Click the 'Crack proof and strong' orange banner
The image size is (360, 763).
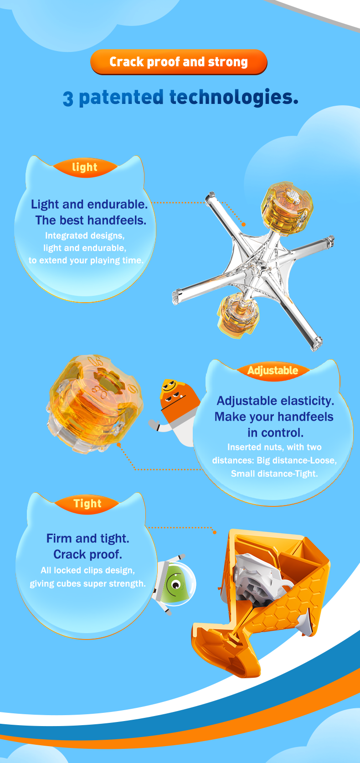coord(179,62)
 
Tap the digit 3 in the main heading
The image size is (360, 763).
coord(68,99)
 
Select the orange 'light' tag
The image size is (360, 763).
coord(85,167)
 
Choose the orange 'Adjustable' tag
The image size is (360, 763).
coord(273,370)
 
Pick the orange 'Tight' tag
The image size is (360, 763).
coord(87,504)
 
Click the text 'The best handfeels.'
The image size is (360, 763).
coord(91,221)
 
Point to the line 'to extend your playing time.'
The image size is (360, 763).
coord(86,260)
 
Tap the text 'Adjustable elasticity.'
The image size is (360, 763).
coord(275,401)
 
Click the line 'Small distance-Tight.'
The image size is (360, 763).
coord(274,474)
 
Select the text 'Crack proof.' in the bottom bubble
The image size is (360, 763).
coord(87,554)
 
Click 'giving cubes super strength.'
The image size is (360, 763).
coord(87,583)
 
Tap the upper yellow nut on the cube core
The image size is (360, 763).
coord(287,208)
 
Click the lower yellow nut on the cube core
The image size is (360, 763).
coord(238,315)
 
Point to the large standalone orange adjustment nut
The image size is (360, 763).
coord(95,404)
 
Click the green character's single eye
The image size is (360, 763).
coord(176,585)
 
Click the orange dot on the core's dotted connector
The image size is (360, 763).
coord(243,224)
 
